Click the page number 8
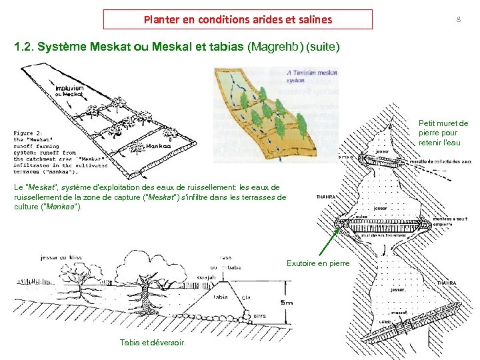(x=458, y=19)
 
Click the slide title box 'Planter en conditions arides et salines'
(x=238, y=19)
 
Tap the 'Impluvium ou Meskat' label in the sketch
(x=69, y=91)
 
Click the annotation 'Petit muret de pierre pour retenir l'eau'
(x=443, y=133)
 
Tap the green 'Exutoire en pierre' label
(x=318, y=263)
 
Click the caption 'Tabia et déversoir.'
(x=153, y=343)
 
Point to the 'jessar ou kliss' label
(x=62, y=257)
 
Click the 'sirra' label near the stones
(x=259, y=315)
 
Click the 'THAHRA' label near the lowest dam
(x=446, y=283)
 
